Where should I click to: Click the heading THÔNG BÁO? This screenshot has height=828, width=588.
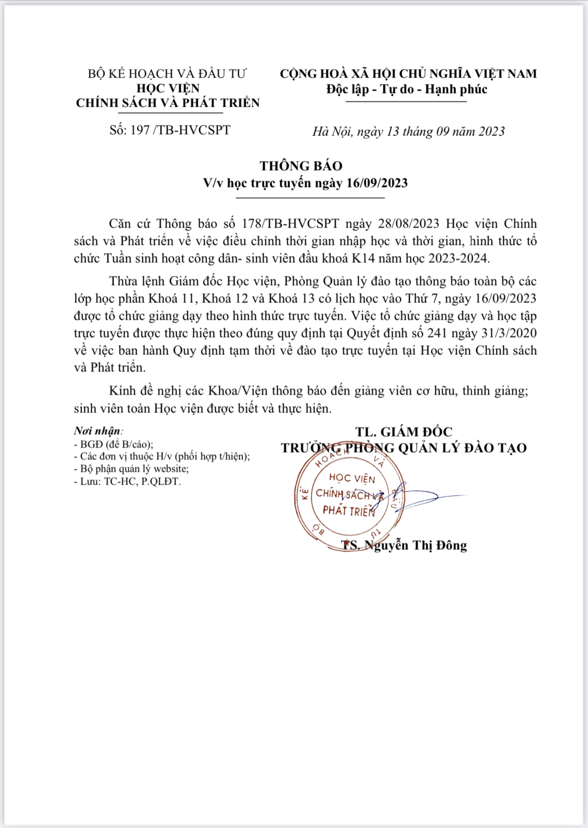(x=301, y=166)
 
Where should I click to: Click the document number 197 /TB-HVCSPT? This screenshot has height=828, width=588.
(x=180, y=130)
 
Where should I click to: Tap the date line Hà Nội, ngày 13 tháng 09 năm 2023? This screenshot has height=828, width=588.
(x=408, y=132)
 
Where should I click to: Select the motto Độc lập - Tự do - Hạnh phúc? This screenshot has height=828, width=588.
(x=407, y=89)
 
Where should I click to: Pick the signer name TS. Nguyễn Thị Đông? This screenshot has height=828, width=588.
(x=404, y=545)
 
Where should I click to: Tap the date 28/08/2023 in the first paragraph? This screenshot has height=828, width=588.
(x=408, y=224)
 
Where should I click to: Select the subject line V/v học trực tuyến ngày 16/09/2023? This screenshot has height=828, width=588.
(x=305, y=183)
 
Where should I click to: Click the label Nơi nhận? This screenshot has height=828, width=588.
(x=98, y=431)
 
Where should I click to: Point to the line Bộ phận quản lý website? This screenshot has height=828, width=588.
(x=131, y=469)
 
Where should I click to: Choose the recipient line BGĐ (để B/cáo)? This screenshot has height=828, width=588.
(x=113, y=444)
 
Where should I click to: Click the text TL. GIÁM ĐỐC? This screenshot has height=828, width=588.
(x=404, y=432)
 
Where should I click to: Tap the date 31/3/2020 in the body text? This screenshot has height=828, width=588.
(x=509, y=333)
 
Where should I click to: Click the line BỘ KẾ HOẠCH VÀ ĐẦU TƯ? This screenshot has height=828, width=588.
(x=167, y=73)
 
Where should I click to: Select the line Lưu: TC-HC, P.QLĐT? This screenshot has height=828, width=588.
(x=128, y=481)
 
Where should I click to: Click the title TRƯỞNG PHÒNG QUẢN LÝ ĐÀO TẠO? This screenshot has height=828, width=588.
(x=404, y=448)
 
